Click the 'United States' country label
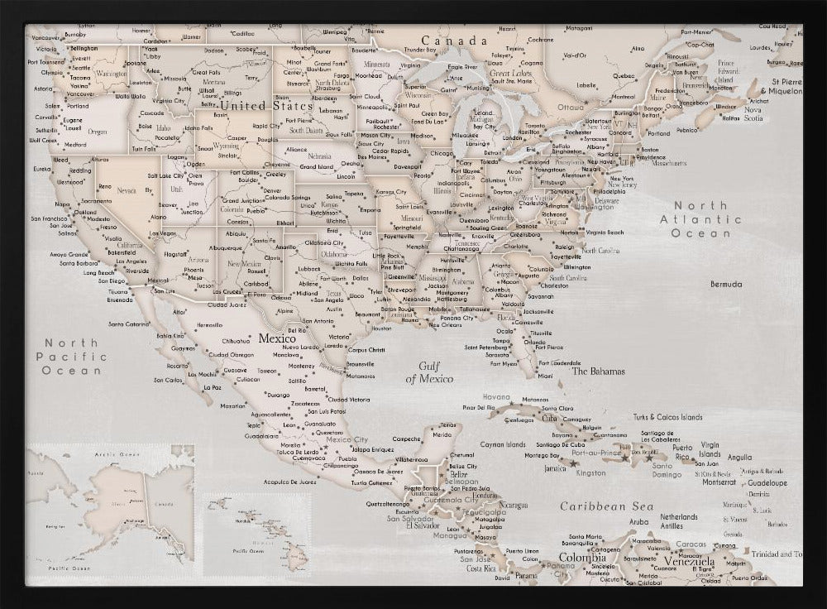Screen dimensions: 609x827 [266, 106]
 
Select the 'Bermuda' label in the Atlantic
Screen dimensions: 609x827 [726, 285]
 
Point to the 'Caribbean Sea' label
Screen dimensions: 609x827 [606, 506]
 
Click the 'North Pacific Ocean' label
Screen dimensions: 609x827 [72, 357]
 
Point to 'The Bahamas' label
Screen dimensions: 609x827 [598, 372]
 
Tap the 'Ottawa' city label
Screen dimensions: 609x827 [570, 108]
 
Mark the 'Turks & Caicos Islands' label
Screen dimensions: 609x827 [667, 417]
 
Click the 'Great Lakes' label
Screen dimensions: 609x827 [510, 73]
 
